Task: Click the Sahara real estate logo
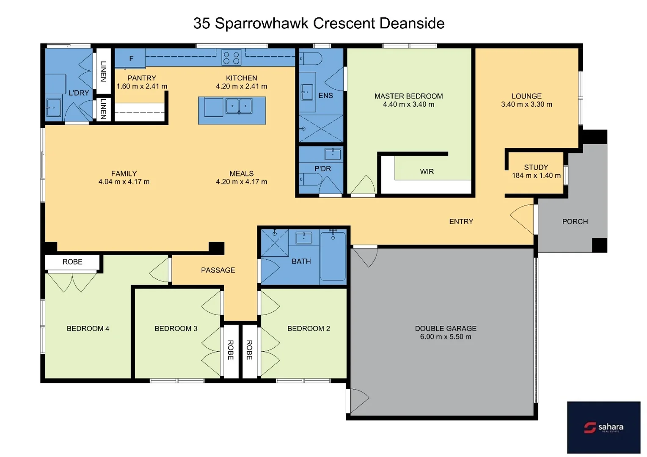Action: pyautogui.click(x=603, y=427)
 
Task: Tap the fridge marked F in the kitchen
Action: pyautogui.click(x=130, y=58)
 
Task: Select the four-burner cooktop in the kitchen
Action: pyautogui.click(x=231, y=58)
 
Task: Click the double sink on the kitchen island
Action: pyautogui.click(x=239, y=106)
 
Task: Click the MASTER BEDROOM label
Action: pyautogui.click(x=408, y=96)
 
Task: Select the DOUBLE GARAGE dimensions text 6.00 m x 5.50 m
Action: pyautogui.click(x=445, y=337)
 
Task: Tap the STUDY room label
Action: pyautogui.click(x=536, y=167)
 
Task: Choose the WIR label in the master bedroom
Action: pyautogui.click(x=427, y=171)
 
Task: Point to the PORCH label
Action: pyautogui.click(x=575, y=221)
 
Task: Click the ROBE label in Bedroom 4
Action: pyautogui.click(x=72, y=262)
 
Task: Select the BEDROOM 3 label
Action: pyautogui.click(x=176, y=328)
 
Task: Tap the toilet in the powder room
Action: pyautogui.click(x=311, y=179)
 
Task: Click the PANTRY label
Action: pyautogui.click(x=141, y=78)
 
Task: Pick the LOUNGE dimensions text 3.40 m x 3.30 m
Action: pyautogui.click(x=526, y=105)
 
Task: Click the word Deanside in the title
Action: pyautogui.click(x=412, y=23)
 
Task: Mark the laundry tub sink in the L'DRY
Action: pyautogui.click(x=53, y=107)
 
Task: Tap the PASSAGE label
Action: pyautogui.click(x=218, y=270)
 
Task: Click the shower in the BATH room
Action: pyautogui.click(x=275, y=242)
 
